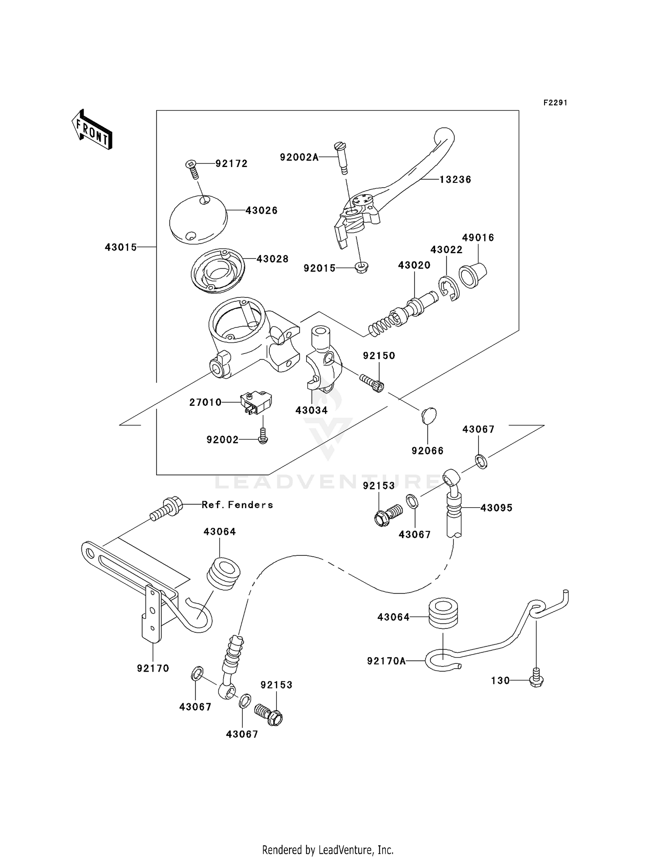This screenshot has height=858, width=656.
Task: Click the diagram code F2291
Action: pos(555,103)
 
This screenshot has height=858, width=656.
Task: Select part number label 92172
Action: pos(231,164)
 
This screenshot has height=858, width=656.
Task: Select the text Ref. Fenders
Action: pos(237,505)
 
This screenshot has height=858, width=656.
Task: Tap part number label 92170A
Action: pos(386,661)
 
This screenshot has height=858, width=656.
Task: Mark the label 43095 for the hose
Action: pos(496,508)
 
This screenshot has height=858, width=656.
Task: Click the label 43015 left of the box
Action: pos(121,248)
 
